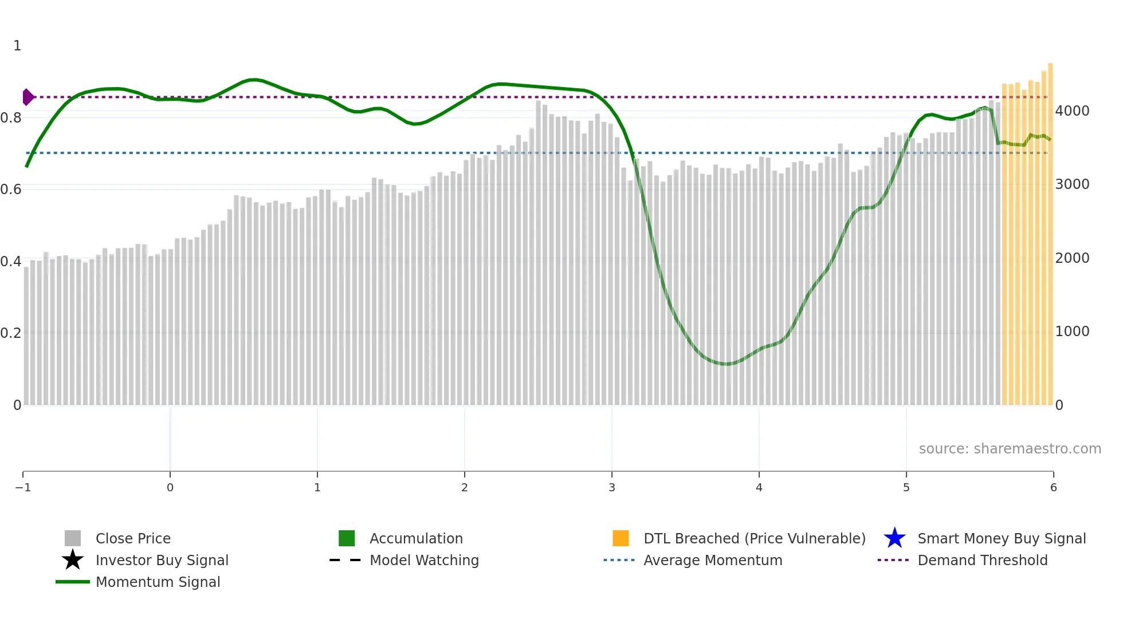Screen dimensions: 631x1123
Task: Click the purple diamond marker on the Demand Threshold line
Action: pos(28,97)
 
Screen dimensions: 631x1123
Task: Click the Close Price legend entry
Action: pos(132,538)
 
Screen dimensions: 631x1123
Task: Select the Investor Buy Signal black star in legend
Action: pos(73,560)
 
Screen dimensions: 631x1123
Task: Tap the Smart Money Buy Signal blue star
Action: pos(894,538)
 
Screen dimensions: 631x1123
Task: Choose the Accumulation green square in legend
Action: pos(347,538)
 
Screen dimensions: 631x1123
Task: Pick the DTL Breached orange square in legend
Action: pos(621,538)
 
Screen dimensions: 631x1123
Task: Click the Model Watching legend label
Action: pos(424,560)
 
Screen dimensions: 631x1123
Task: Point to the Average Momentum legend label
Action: pos(713,560)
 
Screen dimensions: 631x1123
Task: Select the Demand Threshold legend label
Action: pos(982,560)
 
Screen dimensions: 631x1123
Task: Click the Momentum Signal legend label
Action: pos(158,582)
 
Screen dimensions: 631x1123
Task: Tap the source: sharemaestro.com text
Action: pos(1010,448)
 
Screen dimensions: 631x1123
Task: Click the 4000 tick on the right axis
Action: pos(1072,111)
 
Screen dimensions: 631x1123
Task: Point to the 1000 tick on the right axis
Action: pos(1072,332)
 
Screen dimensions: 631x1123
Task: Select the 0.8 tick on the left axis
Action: pos(11,118)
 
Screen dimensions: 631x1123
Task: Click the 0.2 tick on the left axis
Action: pos(11,333)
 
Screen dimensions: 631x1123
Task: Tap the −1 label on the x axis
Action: pos(23,487)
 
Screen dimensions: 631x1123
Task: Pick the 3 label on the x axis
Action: pos(612,487)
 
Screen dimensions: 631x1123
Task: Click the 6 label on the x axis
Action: pos(1053,487)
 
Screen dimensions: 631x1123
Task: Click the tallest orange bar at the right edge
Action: pos(1050,229)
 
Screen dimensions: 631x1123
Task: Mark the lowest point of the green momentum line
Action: pos(727,364)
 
